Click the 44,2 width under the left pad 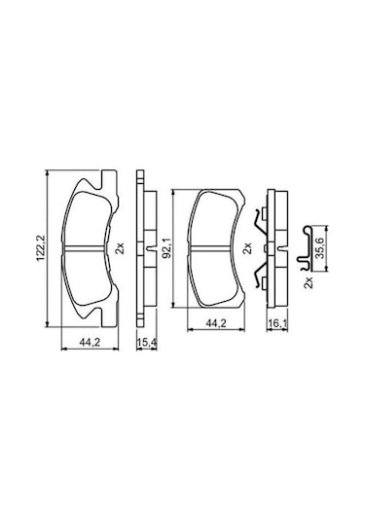90,342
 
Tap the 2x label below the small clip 309,283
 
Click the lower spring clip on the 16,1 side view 261,279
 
